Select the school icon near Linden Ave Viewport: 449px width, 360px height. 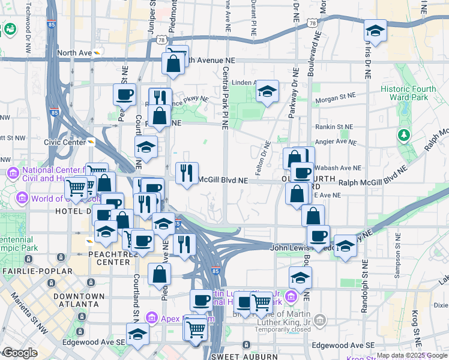pyautogui.click(x=267, y=92)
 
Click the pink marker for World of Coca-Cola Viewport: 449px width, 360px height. pyautogui.click(x=22, y=198)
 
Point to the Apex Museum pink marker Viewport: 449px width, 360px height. pyautogui.click(x=151, y=317)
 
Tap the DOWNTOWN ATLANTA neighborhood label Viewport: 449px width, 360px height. pyautogui.click(x=75, y=300)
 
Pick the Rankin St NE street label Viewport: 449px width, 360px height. pyautogui.click(x=336, y=127)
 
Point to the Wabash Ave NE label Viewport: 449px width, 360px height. pyautogui.click(x=338, y=169)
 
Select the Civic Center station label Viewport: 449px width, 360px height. pyautogui.click(x=65, y=142)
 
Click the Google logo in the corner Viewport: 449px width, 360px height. pyautogui.click(x=20, y=353)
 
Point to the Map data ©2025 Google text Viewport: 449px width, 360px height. pyautogui.click(x=412, y=355)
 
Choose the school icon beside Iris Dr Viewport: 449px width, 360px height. pyautogui.click(x=375, y=31)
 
